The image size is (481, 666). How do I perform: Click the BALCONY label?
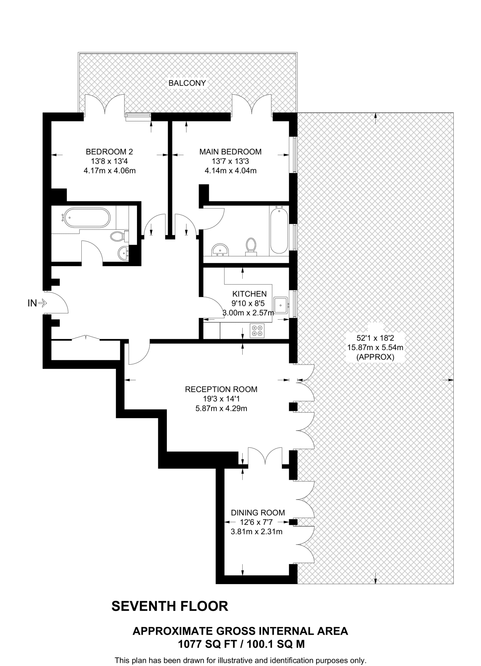click(187, 83)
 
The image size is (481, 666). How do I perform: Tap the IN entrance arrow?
click(43, 303)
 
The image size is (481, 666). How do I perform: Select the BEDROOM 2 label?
click(109, 152)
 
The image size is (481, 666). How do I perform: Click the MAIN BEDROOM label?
click(230, 152)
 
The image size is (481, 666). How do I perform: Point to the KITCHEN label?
click(249, 294)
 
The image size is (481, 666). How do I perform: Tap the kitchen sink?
click(280, 305)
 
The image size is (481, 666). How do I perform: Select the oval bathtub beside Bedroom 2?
click(87, 218)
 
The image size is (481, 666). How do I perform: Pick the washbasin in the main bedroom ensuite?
click(220, 250)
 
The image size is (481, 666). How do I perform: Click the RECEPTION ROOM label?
click(221, 389)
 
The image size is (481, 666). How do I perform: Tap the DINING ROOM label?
click(258, 513)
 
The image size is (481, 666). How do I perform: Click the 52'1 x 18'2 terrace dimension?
click(375, 338)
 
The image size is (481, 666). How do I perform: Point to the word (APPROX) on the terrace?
click(375, 357)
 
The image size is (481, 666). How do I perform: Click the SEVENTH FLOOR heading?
click(170, 606)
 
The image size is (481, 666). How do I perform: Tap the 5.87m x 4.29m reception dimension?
click(221, 408)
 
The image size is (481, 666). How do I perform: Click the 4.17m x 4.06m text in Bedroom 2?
click(109, 170)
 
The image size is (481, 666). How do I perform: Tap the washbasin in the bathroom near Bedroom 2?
click(124, 253)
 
